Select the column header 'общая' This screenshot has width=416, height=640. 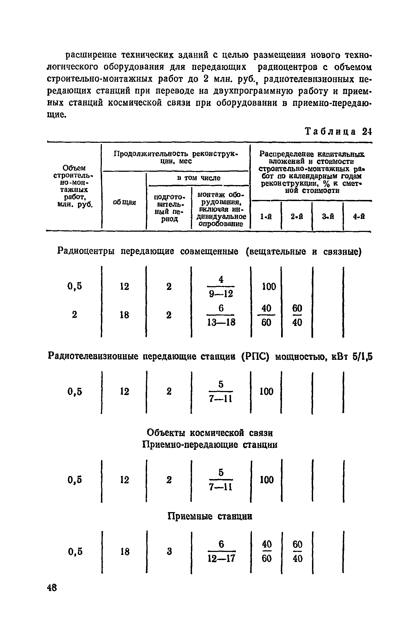pyautogui.click(x=124, y=202)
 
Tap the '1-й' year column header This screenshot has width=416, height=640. pyautogui.click(x=265, y=216)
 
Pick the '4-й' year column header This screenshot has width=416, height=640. pyautogui.click(x=359, y=216)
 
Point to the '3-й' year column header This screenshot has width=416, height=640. pyautogui.click(x=328, y=216)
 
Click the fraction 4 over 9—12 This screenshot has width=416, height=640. pyautogui.click(x=221, y=287)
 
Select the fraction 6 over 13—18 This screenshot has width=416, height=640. pyautogui.click(x=221, y=315)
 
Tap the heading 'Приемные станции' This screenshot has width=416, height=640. pyautogui.click(x=210, y=516)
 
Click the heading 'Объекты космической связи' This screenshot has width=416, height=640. pyautogui.click(x=210, y=433)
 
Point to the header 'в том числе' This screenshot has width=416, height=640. pyautogui.click(x=199, y=178)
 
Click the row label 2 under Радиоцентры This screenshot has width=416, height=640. pyautogui.click(x=74, y=315)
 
